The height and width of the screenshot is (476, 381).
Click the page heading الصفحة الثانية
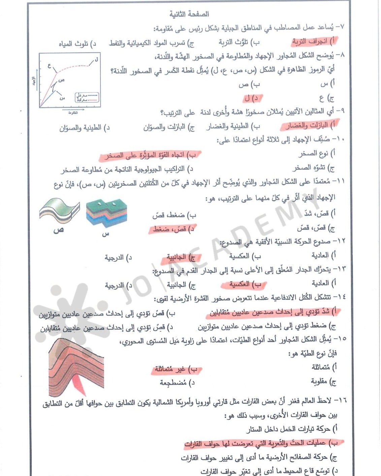tap(189, 14)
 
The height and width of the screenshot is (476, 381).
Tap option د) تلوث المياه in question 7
tap(77, 43)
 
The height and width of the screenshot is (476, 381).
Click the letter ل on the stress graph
tap(96, 59)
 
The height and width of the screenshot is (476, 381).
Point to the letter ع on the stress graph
tap(49, 66)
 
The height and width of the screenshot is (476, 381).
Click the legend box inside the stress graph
tap(87, 98)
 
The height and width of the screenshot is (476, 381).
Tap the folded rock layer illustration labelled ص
tap(60, 211)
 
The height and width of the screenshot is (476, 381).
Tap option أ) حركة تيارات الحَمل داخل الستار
tap(291, 429)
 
